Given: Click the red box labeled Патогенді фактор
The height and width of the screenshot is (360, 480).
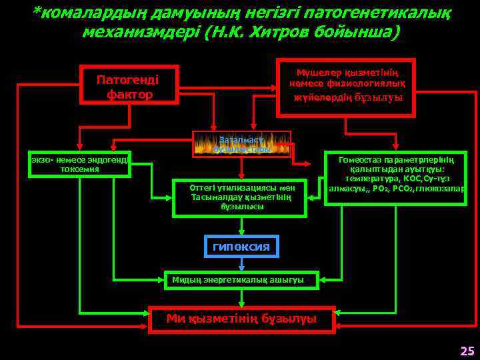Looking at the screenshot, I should pos(129,85).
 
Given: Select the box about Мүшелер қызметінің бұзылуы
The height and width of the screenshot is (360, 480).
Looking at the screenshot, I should pos(345,88).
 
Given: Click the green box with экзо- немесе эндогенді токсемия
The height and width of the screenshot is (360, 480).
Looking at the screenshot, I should pos(79,164).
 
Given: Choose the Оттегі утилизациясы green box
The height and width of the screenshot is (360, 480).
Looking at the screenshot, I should pos(239,197).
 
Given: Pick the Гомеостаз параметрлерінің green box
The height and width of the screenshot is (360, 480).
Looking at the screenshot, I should pos(396,179).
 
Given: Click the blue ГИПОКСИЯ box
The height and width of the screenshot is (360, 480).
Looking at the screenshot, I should pos(241,247).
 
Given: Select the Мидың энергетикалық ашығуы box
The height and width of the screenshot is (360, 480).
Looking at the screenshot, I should pos(241,279).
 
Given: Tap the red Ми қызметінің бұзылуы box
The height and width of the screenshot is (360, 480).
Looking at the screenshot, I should pos(241,318).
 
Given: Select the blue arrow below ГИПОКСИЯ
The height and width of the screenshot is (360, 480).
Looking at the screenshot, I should pos(241,265).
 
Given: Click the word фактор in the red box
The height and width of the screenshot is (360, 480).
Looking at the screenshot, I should pos(129,94).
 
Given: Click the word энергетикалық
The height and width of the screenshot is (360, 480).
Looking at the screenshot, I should pos(233,279).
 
